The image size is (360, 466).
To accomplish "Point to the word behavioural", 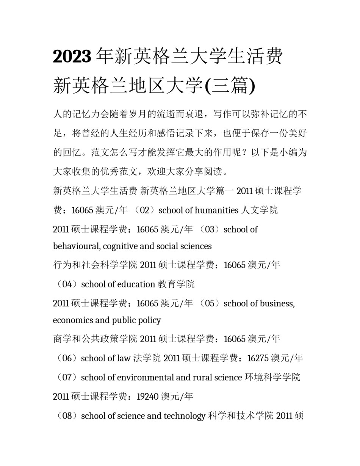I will click(x=75, y=246).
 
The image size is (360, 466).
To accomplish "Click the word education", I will click(x=136, y=284).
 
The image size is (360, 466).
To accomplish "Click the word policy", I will click(x=150, y=320).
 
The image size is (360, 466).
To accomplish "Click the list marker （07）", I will click(x=67, y=378).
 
